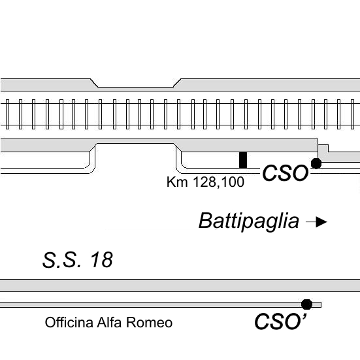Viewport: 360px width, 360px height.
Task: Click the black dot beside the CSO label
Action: (x=316, y=163)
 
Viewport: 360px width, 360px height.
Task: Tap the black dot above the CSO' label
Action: (x=306, y=304)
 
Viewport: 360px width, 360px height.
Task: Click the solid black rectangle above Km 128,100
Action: (x=243, y=160)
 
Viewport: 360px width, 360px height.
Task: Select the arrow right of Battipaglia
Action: (x=317, y=221)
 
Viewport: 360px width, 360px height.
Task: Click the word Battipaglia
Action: (x=249, y=221)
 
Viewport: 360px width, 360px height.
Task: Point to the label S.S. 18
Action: (x=78, y=260)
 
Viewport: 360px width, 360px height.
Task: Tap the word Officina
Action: (x=69, y=322)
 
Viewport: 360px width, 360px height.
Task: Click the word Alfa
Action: (x=109, y=322)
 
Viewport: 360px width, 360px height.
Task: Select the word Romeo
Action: (x=149, y=322)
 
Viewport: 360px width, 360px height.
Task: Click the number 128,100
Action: (x=218, y=182)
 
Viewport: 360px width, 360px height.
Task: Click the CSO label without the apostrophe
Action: (x=286, y=173)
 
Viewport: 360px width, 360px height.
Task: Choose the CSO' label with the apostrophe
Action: (x=280, y=322)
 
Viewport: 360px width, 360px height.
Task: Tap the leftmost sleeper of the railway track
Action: (x=7, y=114)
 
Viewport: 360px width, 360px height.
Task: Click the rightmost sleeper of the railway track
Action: (x=352, y=114)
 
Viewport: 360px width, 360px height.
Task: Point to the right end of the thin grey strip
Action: (x=321, y=305)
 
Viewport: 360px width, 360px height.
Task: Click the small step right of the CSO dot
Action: (x=323, y=148)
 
